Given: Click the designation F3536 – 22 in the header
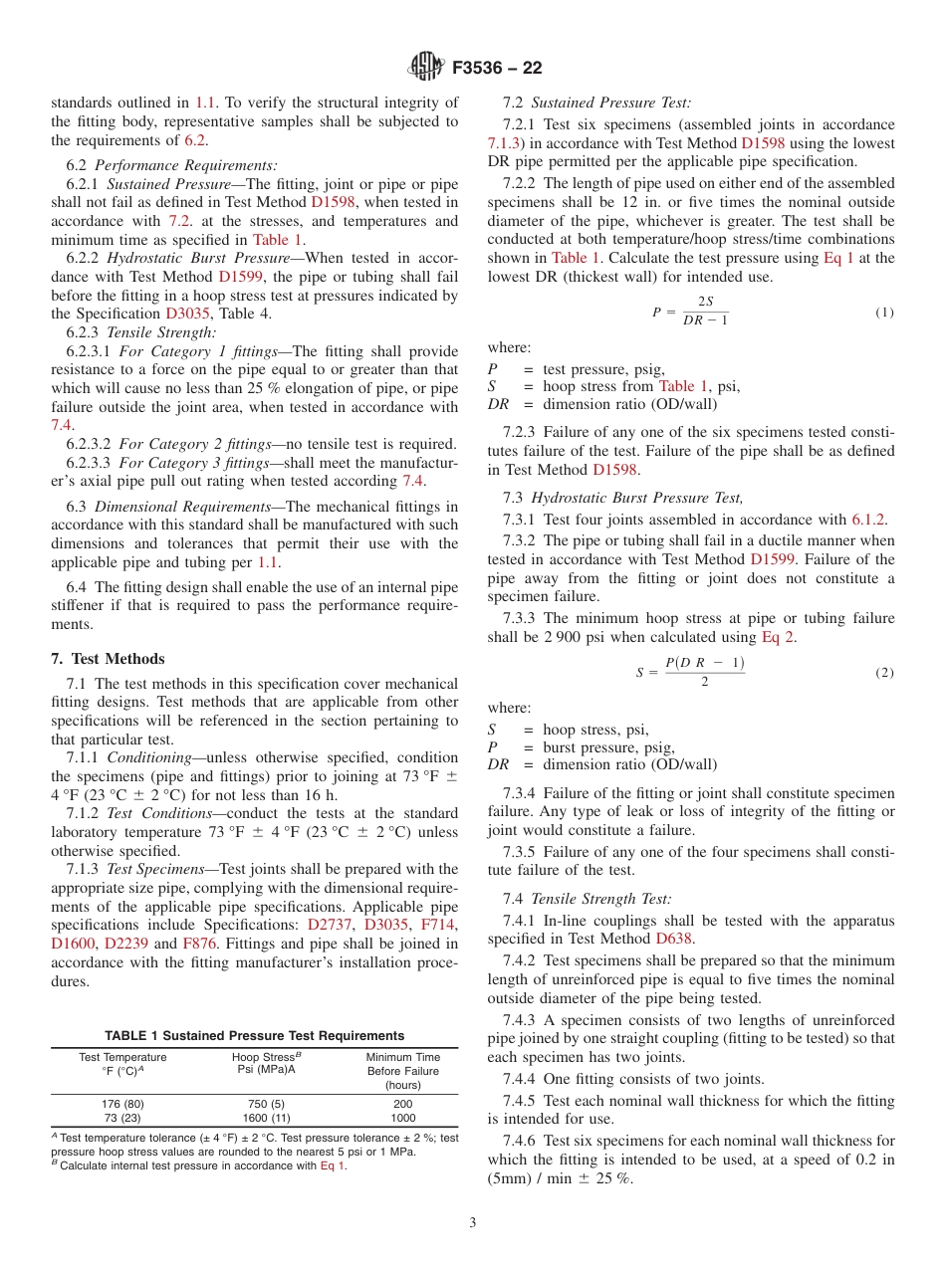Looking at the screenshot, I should coord(496,69).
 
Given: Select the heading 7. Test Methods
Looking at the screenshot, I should coord(108,659).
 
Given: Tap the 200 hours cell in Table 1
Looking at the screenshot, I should coord(402,1103).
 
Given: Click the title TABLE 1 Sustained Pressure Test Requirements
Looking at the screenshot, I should coord(255,1035).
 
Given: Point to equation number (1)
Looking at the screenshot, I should coord(884,312).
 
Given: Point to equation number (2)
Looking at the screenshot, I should coord(884,673).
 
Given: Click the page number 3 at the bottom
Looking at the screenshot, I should coord(473,1222).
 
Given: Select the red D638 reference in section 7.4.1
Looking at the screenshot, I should coord(673,938).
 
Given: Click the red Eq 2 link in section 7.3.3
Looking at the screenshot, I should coord(777,637).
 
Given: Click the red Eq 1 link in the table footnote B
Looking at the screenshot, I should coord(333,1165).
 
